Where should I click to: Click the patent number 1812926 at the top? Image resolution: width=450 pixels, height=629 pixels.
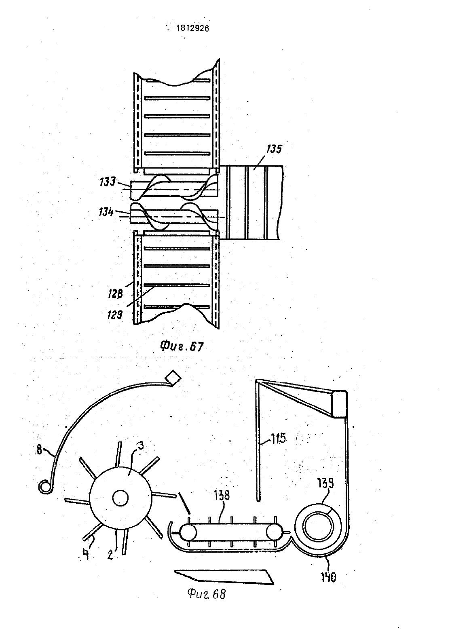pyautogui.click(x=192, y=28)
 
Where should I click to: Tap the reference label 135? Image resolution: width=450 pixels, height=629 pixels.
pyautogui.click(x=274, y=149)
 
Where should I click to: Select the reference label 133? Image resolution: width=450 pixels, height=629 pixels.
pyautogui.click(x=108, y=182)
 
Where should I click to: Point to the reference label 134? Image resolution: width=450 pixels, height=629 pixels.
pyautogui.click(x=106, y=211)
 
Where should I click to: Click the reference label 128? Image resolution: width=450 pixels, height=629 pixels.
pyautogui.click(x=116, y=294)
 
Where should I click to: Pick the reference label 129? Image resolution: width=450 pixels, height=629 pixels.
pyautogui.click(x=115, y=315)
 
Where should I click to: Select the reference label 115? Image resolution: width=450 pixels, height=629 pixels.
pyautogui.click(x=278, y=438)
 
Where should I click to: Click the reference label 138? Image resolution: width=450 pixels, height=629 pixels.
pyautogui.click(x=222, y=495)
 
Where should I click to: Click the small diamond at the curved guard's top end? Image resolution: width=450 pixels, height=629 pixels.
pyautogui.click(x=173, y=378)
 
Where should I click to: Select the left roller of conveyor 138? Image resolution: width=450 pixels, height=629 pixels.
pyautogui.click(x=188, y=532)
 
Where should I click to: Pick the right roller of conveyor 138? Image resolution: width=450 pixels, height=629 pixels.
pyautogui.click(x=274, y=532)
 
